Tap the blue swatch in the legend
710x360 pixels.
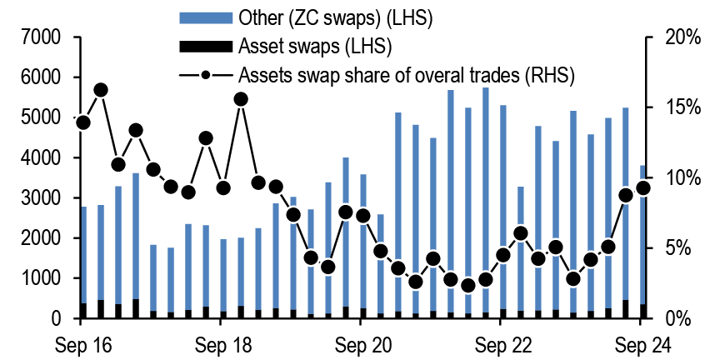coord(205,16)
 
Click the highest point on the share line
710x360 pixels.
coord(101,89)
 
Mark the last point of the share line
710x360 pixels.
coord(643,187)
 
